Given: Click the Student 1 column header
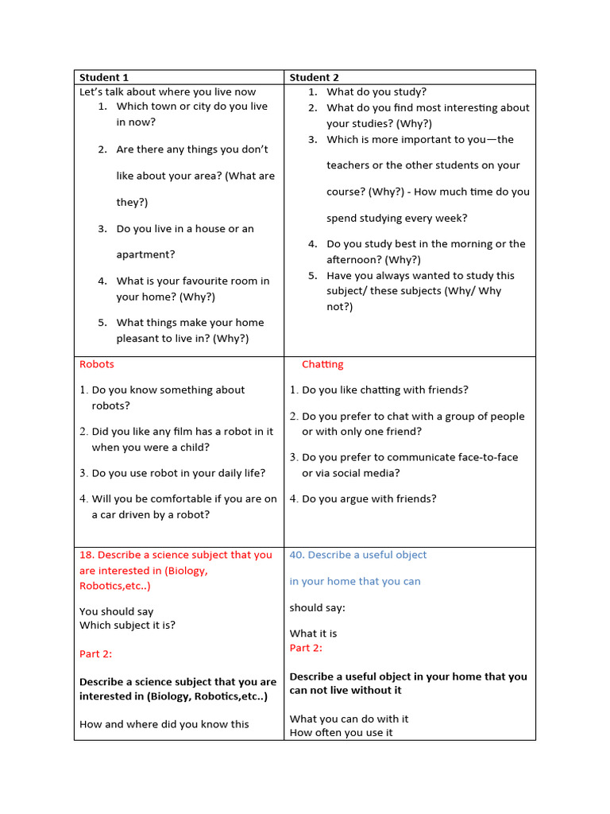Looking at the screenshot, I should (103, 77).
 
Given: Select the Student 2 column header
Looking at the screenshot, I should (314, 77).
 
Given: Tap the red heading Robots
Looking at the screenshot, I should (96, 364).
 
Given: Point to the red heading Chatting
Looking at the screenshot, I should (322, 364).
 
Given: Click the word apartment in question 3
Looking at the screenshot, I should (145, 254).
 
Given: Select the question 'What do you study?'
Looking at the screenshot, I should (376, 92).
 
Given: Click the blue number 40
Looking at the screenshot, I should (296, 555).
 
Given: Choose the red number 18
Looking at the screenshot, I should (86, 555).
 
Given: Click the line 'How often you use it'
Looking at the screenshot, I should (341, 732).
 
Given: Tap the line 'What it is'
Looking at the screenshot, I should (313, 634).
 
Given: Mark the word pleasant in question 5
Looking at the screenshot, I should (141, 338).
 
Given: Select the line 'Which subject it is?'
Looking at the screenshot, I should (127, 625).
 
